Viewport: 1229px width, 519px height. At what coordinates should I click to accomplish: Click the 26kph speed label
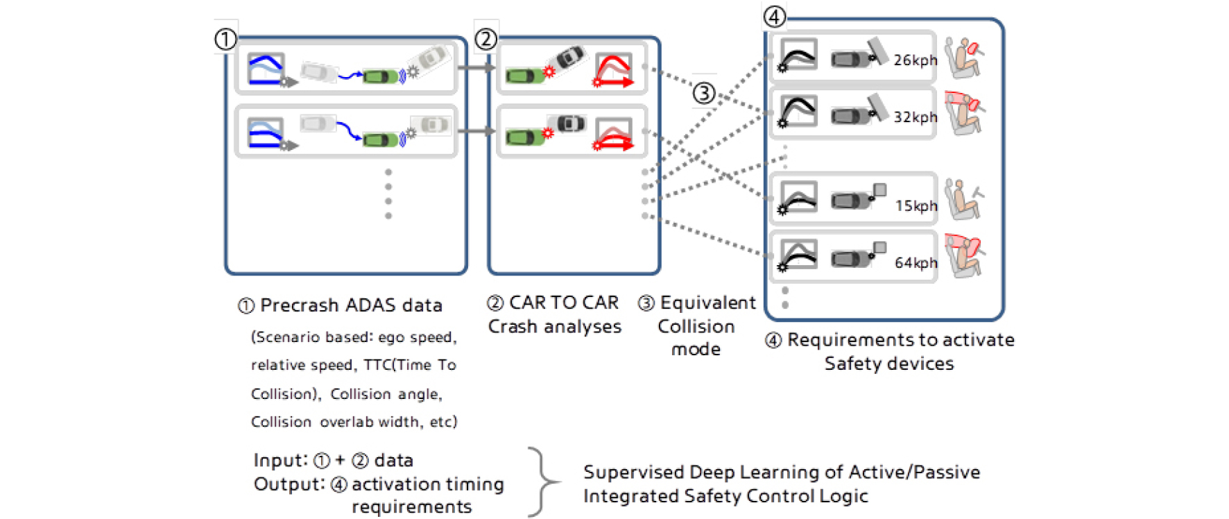pyautogui.click(x=915, y=60)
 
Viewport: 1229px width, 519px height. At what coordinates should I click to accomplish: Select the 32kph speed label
pyautogui.click(x=915, y=117)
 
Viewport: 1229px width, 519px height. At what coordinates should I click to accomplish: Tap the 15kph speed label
pyautogui.click(x=916, y=206)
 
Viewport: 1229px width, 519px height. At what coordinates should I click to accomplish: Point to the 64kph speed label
pyautogui.click(x=916, y=263)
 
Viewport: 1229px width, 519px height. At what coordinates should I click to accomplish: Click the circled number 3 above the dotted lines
pyautogui.click(x=705, y=93)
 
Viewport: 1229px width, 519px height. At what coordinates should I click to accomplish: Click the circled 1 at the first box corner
pyautogui.click(x=225, y=39)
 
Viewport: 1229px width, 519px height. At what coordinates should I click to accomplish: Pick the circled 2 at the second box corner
pyautogui.click(x=486, y=39)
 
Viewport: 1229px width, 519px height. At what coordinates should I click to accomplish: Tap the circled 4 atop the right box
pyautogui.click(x=775, y=17)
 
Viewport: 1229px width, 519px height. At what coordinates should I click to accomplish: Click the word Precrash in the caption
pyautogui.click(x=300, y=305)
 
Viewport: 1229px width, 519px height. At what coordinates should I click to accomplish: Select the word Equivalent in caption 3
pyautogui.click(x=708, y=303)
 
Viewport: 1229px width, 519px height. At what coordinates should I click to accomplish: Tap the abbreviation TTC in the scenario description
pyautogui.click(x=377, y=365)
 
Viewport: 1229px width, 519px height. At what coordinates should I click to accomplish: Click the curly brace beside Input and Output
pyautogui.click(x=544, y=482)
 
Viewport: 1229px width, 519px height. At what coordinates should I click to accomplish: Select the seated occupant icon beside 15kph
pyautogui.click(x=964, y=199)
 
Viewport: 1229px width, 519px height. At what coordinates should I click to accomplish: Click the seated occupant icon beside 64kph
pyautogui.click(x=964, y=256)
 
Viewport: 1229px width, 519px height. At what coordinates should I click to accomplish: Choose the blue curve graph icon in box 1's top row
pyautogui.click(x=266, y=69)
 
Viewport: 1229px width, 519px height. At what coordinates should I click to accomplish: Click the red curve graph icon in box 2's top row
pyautogui.click(x=614, y=69)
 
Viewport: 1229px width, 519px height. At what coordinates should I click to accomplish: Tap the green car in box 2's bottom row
pyautogui.click(x=525, y=137)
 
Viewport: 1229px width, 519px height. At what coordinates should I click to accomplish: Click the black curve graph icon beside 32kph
pyautogui.click(x=798, y=111)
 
